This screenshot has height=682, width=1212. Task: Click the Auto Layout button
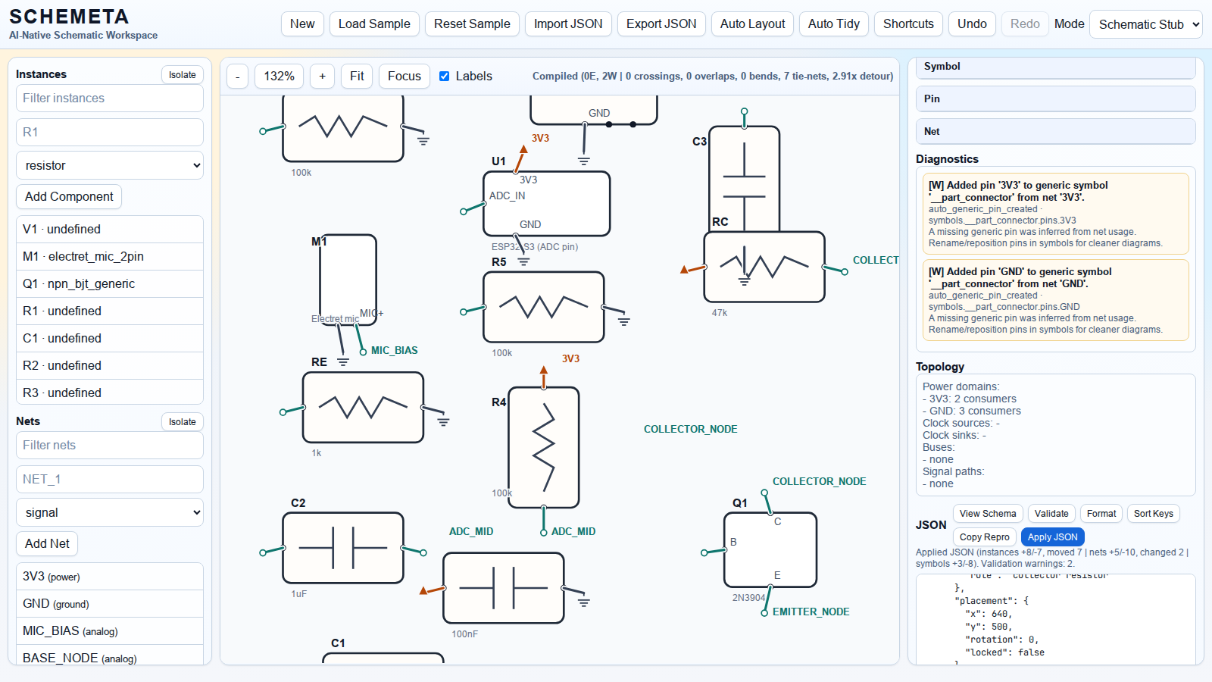click(x=752, y=23)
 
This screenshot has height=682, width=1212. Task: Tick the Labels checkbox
click(x=445, y=76)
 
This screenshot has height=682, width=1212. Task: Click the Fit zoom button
click(x=357, y=76)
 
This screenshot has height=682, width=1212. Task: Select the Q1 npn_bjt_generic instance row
click(x=110, y=283)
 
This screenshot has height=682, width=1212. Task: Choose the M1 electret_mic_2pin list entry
click(x=110, y=256)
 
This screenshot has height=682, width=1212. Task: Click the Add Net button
click(x=47, y=543)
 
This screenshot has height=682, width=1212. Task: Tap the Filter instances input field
click(x=110, y=98)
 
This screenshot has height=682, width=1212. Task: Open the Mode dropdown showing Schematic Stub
click(x=1145, y=24)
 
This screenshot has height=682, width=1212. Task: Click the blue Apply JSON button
click(x=1052, y=537)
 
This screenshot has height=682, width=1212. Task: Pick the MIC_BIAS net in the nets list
click(x=110, y=630)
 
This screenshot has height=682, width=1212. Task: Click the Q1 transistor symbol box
click(x=770, y=549)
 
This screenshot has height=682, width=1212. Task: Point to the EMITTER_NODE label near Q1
click(x=811, y=612)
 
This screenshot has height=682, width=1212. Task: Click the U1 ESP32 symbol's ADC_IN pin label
click(x=508, y=196)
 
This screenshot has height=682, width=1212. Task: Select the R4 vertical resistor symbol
click(x=544, y=447)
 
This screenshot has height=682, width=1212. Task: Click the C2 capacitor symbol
click(x=343, y=547)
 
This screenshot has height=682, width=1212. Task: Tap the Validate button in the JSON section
click(x=1051, y=513)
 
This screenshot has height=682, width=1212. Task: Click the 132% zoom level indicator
click(x=279, y=76)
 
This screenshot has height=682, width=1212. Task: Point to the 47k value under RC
click(x=720, y=312)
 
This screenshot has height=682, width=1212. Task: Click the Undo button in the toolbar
click(x=971, y=23)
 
